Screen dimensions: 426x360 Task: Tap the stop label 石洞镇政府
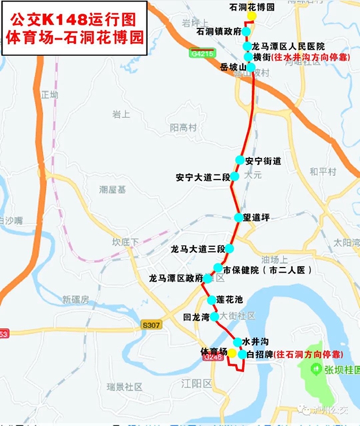point(219,31)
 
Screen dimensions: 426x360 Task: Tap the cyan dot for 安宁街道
point(240,160)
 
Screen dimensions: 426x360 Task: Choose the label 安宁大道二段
point(202,177)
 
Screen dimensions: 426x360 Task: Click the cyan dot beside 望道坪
point(238,218)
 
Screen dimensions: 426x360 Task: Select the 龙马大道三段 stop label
point(197,249)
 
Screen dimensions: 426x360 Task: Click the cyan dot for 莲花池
point(212,300)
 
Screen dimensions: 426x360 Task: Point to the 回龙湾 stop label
point(196,317)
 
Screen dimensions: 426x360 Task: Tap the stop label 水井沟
point(255,341)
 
